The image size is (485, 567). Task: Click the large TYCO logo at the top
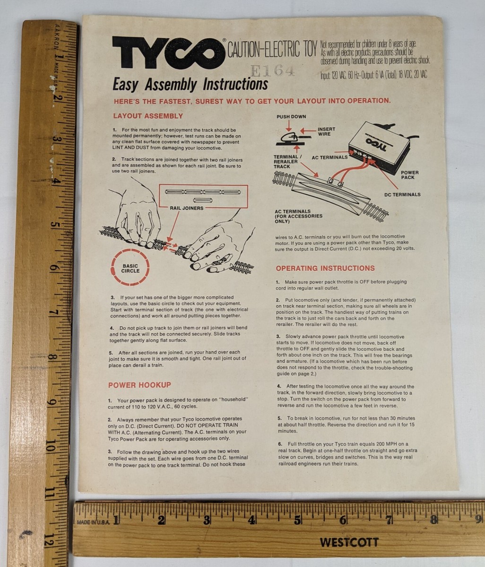pyautogui.click(x=168, y=52)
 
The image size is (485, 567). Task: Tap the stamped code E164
pyautogui.click(x=272, y=71)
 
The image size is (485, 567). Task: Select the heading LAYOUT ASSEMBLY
pyautogui.click(x=147, y=116)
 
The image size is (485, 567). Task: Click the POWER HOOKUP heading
pyautogui.click(x=139, y=385)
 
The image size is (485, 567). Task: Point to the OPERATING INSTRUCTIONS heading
pyautogui.click(x=325, y=268)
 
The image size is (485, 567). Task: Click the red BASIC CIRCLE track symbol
pyautogui.click(x=130, y=268)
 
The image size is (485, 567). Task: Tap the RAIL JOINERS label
pyautogui.click(x=187, y=208)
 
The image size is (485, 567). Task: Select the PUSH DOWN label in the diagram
pyautogui.click(x=291, y=117)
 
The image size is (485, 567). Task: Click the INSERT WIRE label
pyautogui.click(x=326, y=132)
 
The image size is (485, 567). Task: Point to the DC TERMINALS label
pyautogui.click(x=402, y=194)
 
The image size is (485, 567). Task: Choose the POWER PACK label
pyautogui.click(x=409, y=175)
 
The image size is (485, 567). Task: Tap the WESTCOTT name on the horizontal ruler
pyautogui.click(x=349, y=542)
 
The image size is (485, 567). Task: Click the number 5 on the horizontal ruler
pyautogui.click(x=297, y=520)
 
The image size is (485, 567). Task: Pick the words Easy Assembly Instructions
pyautogui.click(x=190, y=85)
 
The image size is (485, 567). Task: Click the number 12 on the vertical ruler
pyautogui.click(x=49, y=541)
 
